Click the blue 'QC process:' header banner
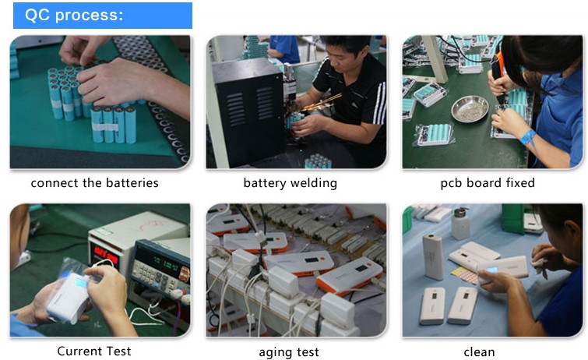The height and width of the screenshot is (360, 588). (x=102, y=16)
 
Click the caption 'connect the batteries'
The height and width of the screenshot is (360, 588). (x=94, y=183)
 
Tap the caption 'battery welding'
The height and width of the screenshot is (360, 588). (x=290, y=183)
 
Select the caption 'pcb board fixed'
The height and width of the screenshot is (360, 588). (x=488, y=183)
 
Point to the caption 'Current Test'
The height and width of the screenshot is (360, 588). (x=94, y=351)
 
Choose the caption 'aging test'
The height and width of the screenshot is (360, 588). (x=289, y=352)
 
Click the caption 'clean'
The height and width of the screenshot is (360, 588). (x=479, y=351)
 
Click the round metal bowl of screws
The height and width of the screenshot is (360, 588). (x=470, y=109)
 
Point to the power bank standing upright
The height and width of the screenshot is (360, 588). (x=433, y=257)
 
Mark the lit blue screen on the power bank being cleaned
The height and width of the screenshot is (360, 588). (x=491, y=269)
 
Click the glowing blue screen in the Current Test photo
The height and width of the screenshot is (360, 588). (x=81, y=284)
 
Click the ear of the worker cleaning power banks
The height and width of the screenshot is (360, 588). (x=569, y=231)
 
